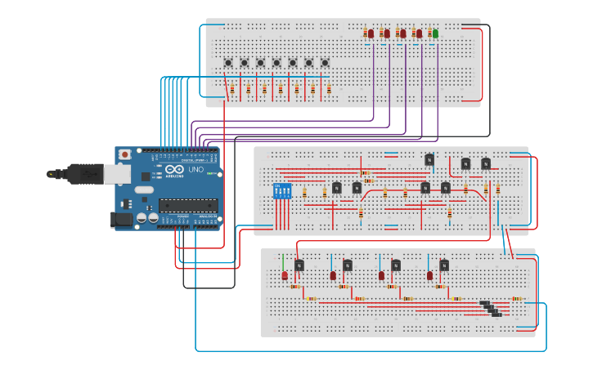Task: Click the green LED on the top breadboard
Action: (435, 33)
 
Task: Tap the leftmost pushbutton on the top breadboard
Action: (228, 63)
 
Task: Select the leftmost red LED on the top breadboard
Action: (370, 33)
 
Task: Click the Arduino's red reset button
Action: (124, 154)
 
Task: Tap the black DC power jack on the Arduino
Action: (120, 219)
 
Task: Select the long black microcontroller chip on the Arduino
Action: (187, 205)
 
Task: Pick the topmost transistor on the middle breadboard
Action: (429, 159)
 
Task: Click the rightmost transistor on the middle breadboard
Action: (486, 163)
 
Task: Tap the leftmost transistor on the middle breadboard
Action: (336, 188)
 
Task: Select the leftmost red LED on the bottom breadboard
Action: (285, 276)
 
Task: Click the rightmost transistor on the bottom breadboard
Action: (444, 265)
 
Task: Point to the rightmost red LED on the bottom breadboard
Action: (429, 276)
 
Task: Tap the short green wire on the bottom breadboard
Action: (283, 261)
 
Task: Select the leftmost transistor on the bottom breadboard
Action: (299, 265)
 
